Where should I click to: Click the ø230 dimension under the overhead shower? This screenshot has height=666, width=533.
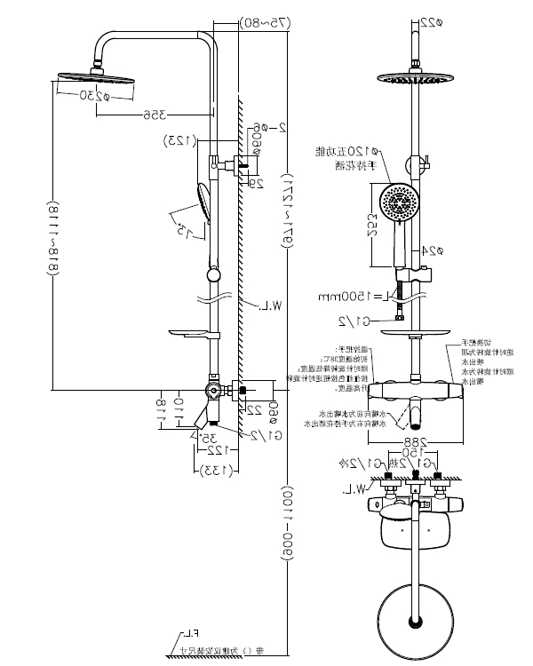pyautogui.click(x=90, y=93)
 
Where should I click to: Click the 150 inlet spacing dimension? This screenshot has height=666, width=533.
pyautogui.click(x=415, y=451)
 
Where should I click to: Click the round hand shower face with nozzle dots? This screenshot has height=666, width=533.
pyautogui.click(x=398, y=202)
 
